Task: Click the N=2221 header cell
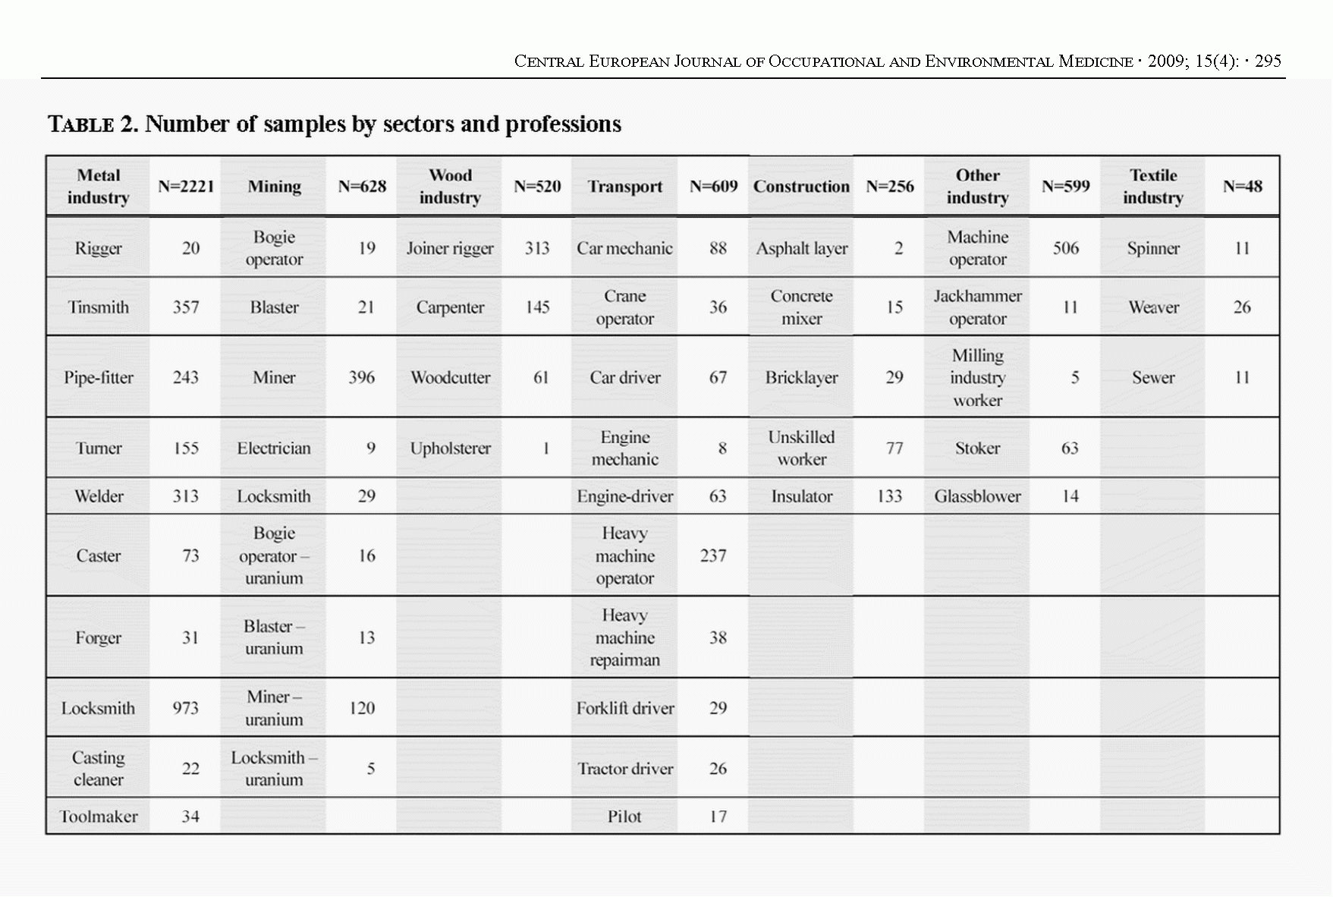pos(186,187)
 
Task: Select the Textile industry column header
pos(1152,187)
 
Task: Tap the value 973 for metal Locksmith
pos(186,708)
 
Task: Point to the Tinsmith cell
pos(99,307)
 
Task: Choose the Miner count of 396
pos(362,377)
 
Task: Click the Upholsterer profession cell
pos(450,448)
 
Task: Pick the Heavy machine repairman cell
pos(624,637)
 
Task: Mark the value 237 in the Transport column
pos(713,556)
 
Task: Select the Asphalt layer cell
pos(801,248)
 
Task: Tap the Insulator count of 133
pos(889,496)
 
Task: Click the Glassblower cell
pos(977,496)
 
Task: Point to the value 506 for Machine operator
pos(1065,248)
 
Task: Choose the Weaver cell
pos(1153,307)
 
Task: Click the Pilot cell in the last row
pos(624,817)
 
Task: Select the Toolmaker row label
pos(99,817)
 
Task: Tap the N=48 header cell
pos(1242,187)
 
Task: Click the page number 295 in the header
pos(1268,61)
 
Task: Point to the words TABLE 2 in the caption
pos(93,124)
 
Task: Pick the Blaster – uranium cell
pos(274,637)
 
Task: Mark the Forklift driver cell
pos(624,708)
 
